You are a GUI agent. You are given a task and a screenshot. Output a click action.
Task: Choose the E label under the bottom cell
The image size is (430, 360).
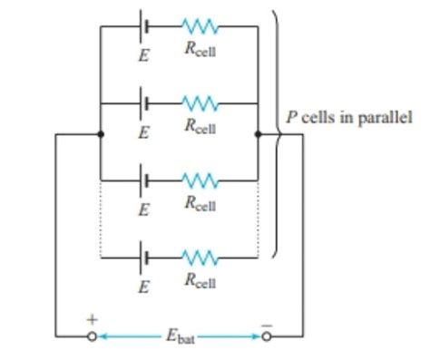(x=143, y=286)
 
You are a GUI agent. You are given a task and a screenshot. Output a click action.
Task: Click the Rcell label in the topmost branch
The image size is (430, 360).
(x=200, y=51)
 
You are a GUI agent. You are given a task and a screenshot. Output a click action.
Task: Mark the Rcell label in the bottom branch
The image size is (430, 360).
(x=200, y=282)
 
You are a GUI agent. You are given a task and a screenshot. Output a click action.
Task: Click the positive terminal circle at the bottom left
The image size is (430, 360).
(x=92, y=336)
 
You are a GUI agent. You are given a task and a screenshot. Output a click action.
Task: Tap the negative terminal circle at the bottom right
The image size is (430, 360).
(x=266, y=336)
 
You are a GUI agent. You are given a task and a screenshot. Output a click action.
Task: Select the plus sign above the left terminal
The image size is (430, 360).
(x=92, y=320)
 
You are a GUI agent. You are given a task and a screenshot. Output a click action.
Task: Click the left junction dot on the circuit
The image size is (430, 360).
(x=100, y=134)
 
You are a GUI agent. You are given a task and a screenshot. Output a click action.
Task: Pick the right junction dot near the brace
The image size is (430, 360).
(x=259, y=134)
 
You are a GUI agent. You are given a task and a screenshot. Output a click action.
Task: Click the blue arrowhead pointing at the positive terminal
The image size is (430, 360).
(x=103, y=336)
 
